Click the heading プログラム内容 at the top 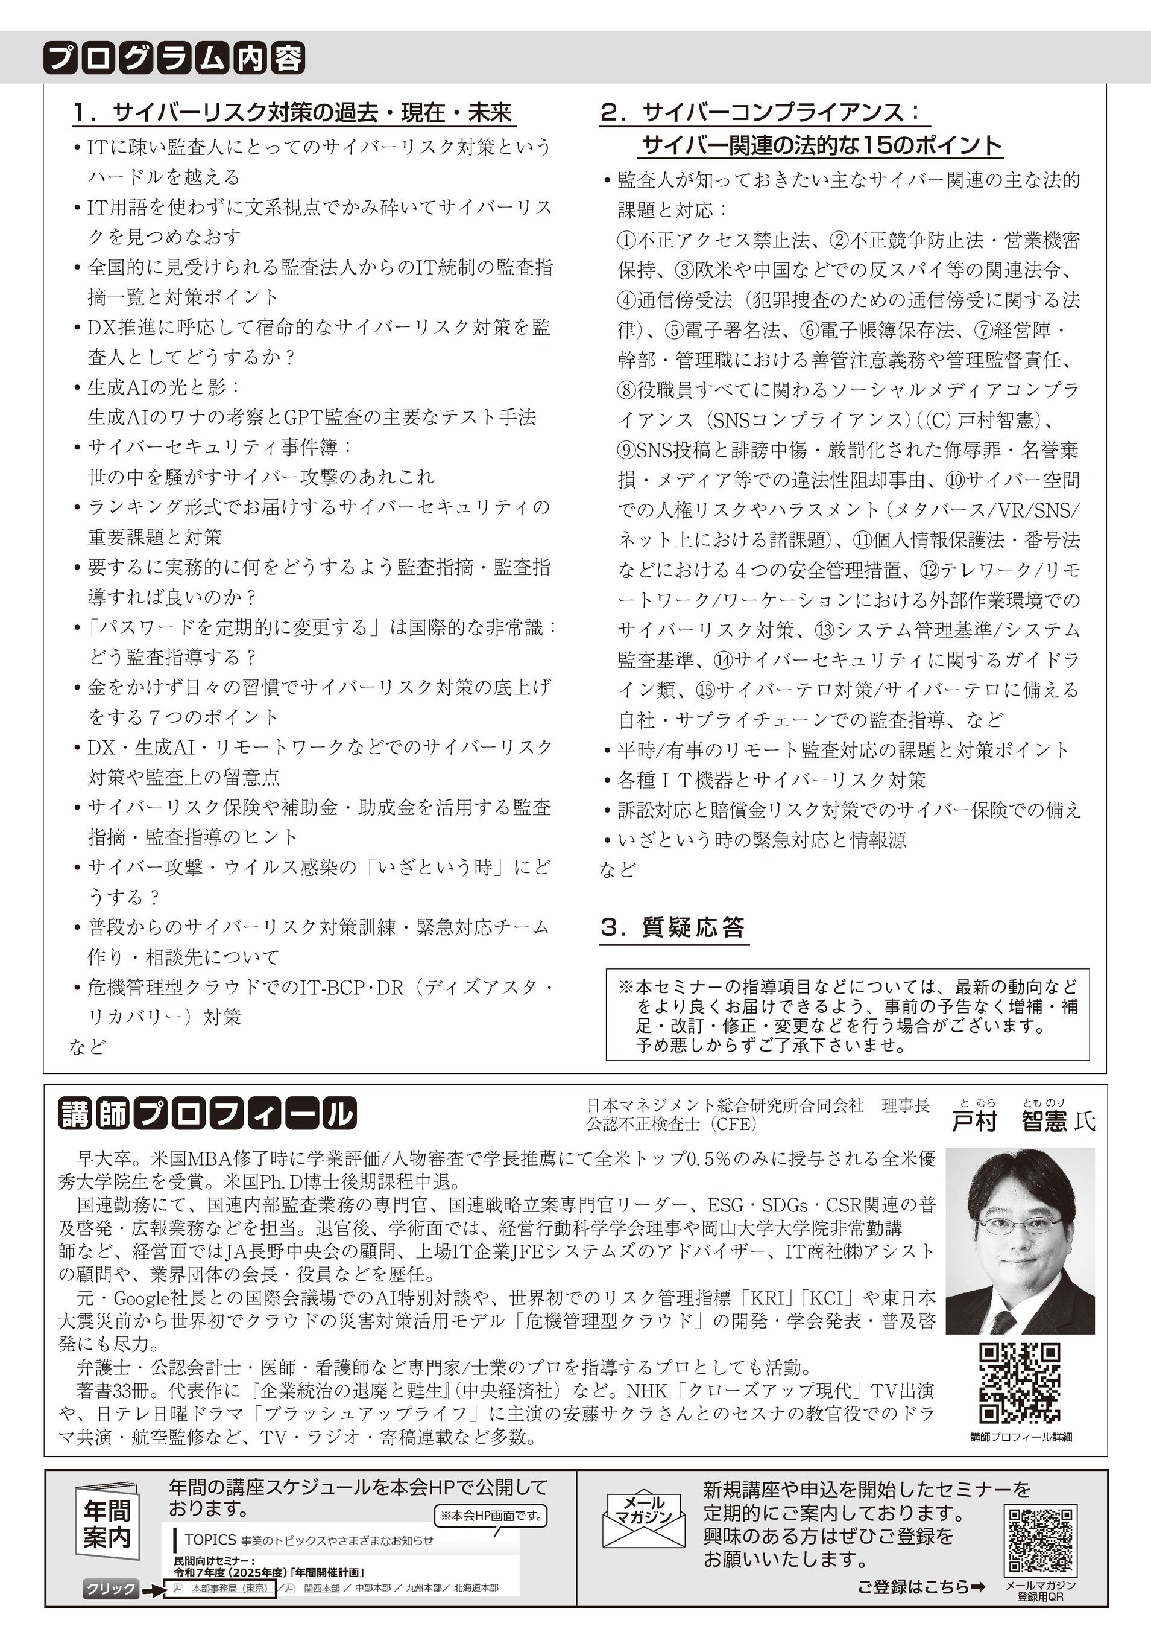pos(174,58)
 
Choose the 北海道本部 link pos(476,1588)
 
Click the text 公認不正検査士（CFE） pos(671,1123)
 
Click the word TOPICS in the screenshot pos(210,1540)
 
